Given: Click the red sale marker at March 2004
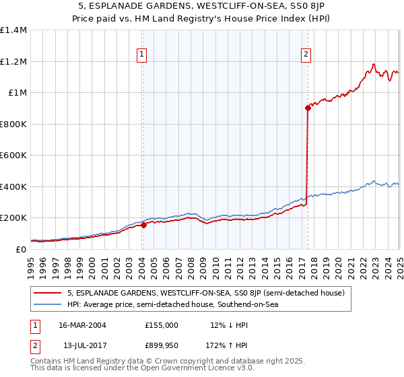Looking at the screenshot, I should pyautogui.click(x=143, y=225).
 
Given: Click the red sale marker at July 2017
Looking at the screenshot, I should pyautogui.click(x=308, y=107).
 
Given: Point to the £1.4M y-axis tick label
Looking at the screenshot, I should pyautogui.click(x=13, y=30).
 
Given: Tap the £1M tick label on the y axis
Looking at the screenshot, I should pyautogui.click(x=18, y=93).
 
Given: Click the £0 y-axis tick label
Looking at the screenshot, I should pyautogui.click(x=21, y=249).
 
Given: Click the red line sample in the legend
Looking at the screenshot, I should pyautogui.click(x=47, y=293).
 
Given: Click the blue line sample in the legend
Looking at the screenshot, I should pyautogui.click(x=47, y=305).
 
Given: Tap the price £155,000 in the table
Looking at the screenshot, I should pyautogui.click(x=161, y=325).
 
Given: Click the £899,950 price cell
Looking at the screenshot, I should pyautogui.click(x=161, y=345).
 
